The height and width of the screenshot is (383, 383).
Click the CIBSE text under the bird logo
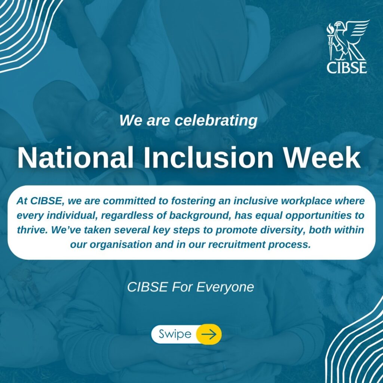coord(347,67)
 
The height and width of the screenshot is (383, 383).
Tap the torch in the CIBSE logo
coord(330,42)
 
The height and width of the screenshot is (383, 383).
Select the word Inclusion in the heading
coord(208,157)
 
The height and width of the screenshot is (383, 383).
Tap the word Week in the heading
coord(322,157)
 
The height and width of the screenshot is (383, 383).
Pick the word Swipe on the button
coord(175,334)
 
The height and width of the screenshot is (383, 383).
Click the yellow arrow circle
coord(209,334)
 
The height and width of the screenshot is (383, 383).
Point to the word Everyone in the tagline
coord(225,287)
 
